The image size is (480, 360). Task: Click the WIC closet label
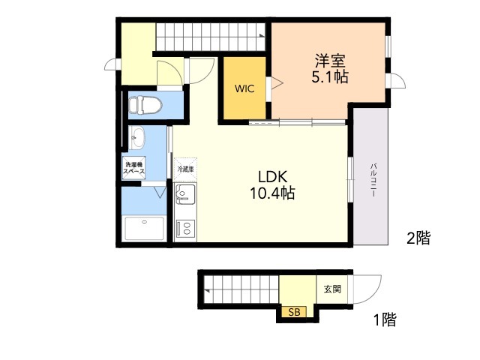tap(244, 88)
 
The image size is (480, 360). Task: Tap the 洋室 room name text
tap(330, 61)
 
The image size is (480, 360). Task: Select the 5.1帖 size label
tap(330, 76)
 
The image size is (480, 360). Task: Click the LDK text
tap(273, 177)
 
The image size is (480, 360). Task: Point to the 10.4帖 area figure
tap(273, 193)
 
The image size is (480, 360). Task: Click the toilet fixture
tap(145, 105)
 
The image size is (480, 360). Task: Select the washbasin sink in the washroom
tap(136, 137)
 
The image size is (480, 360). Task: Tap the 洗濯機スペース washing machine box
tap(133, 168)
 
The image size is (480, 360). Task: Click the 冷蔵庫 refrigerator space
tap(185, 169)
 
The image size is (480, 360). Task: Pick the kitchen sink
tap(185, 194)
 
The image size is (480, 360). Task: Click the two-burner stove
tap(185, 228)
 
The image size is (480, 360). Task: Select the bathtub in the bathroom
tap(144, 228)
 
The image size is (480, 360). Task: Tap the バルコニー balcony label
tap(373, 180)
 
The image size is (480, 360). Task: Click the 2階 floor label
tap(418, 238)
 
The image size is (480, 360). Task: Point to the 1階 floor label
tap(385, 319)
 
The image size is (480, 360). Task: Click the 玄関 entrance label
tap(332, 289)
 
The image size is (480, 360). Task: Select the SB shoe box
tap(294, 312)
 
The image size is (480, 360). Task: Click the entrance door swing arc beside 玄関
tap(374, 295)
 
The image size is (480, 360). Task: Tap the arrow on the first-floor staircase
tap(207, 290)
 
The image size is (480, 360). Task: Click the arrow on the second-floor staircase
tap(262, 35)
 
